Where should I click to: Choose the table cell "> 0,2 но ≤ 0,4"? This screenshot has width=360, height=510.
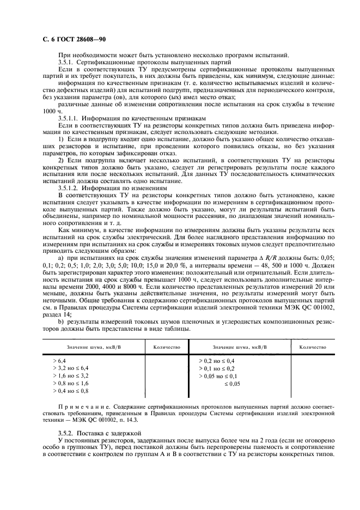click(217, 361)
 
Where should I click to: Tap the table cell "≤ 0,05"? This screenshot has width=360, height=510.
click(232, 384)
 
